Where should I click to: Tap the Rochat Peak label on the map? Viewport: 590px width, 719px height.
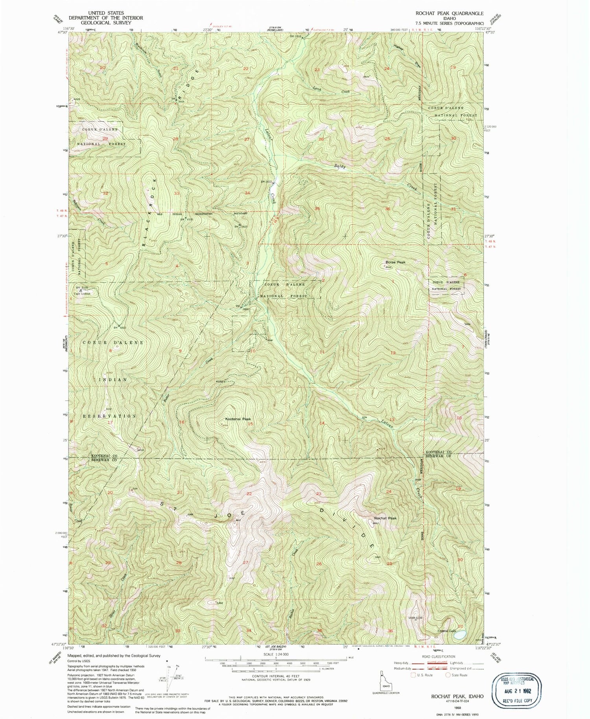[x=385, y=518]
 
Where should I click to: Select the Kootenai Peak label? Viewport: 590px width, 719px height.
[x=238, y=419]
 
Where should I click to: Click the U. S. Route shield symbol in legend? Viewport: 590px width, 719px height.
[x=413, y=675]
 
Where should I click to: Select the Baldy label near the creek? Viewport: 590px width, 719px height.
[x=340, y=166]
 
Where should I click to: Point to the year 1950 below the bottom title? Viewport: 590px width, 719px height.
[x=457, y=707]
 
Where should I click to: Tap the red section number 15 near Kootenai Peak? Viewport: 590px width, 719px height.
[x=250, y=424]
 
